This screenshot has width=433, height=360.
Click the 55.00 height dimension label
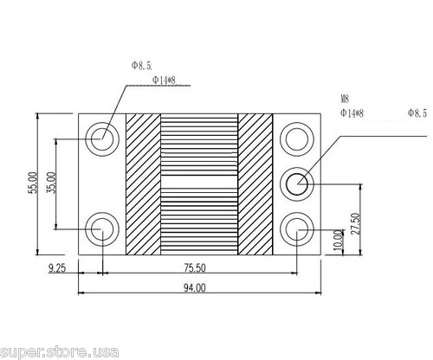tap(34, 183)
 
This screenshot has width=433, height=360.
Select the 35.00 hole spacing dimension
tap(51, 183)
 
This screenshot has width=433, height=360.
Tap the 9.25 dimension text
tap(57, 268)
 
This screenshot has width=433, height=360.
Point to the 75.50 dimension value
tap(195, 268)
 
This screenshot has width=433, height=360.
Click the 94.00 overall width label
tap(195, 288)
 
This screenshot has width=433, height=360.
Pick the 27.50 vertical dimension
tap(356, 223)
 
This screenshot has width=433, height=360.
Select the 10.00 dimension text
tap(339, 240)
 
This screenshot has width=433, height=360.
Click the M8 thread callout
tap(345, 100)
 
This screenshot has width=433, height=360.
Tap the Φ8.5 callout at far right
tap(417, 113)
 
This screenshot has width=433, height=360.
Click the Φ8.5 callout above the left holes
tap(141, 66)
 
